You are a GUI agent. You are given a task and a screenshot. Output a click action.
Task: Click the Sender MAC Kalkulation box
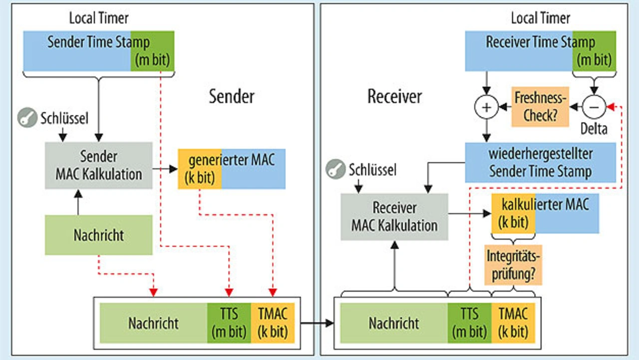point(98,165)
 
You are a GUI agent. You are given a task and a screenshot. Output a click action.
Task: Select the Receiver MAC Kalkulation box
point(394,217)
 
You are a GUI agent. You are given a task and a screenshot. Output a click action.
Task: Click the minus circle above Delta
point(594,107)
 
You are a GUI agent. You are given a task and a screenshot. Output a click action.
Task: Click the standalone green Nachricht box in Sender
point(98,235)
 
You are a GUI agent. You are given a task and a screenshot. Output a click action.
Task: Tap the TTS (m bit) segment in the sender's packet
point(229,323)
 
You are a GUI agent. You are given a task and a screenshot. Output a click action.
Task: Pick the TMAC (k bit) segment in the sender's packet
point(273,323)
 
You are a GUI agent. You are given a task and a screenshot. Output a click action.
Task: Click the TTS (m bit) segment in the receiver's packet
point(470,323)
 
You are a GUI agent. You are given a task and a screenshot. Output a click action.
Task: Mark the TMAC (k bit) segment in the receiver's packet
point(513,323)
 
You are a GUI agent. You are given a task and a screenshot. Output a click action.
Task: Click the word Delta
point(594,128)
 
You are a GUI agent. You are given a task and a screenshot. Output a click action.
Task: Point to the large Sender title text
point(232,96)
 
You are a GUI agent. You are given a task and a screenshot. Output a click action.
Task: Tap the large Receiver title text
point(394,96)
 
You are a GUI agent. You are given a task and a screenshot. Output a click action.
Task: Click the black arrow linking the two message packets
point(317,323)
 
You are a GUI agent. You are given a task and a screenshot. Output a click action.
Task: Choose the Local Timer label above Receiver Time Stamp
point(540,18)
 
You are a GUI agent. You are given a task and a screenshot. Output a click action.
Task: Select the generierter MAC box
point(232,168)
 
